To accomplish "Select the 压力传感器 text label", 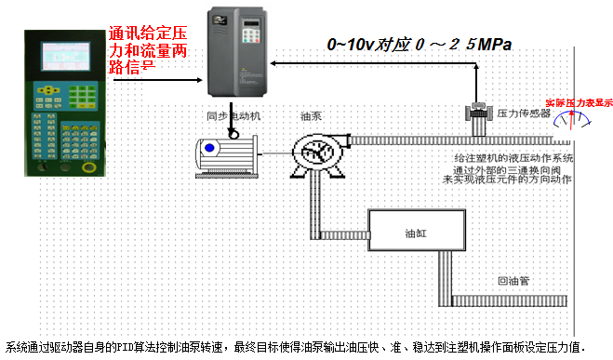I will pos(520,113).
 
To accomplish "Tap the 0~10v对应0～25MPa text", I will pos(420,44).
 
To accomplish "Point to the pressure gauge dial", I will pos(570,120).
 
